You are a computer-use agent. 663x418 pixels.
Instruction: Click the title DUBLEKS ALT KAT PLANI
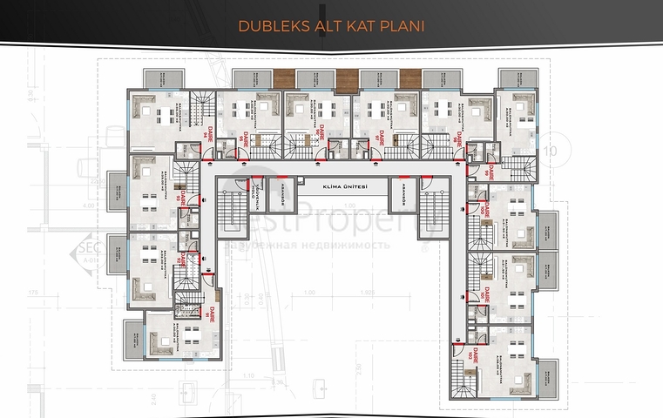(x=331, y=26)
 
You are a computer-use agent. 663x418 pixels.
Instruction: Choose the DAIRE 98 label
(x=457, y=136)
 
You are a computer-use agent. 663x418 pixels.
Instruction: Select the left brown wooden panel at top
(x=284, y=77)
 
